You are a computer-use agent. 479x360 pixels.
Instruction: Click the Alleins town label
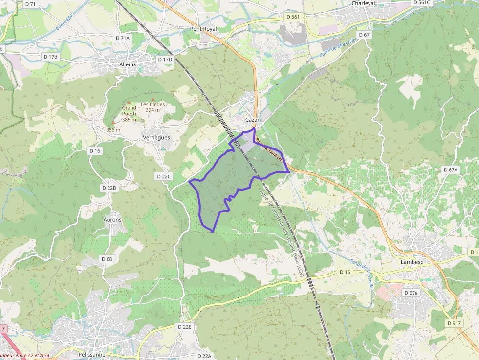pyautogui.click(x=128, y=64)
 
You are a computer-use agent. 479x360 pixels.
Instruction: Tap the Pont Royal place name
pyautogui.click(x=203, y=29)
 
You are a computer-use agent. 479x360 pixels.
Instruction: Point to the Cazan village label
pyautogui.click(x=253, y=120)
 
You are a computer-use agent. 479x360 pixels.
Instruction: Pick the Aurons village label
pyautogui.click(x=112, y=220)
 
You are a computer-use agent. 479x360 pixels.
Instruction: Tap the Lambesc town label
pyautogui.click(x=411, y=262)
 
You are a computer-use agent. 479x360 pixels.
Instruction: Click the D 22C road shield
pyautogui.click(x=164, y=176)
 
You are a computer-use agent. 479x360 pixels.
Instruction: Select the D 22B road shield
pyautogui.click(x=109, y=188)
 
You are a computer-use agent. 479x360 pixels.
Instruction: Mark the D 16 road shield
pyautogui.click(x=95, y=151)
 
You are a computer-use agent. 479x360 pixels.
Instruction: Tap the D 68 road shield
pyautogui.click(x=107, y=259)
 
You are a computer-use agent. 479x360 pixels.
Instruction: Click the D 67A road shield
pyautogui.click(x=451, y=170)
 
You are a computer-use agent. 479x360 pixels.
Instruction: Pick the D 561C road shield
pyautogui.click(x=422, y=2)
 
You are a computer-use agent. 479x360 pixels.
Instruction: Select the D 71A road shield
pyautogui.click(x=123, y=38)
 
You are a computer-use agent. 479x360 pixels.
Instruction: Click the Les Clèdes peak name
pyautogui.click(x=152, y=104)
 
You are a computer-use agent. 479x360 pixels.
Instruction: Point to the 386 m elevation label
pyautogui.click(x=113, y=130)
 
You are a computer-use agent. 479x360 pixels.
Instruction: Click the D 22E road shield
pyautogui.click(x=186, y=326)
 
